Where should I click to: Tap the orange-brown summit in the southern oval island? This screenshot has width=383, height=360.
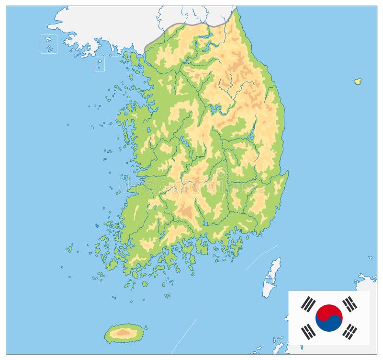[x=124, y=331]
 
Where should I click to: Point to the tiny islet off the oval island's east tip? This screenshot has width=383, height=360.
[x=146, y=328]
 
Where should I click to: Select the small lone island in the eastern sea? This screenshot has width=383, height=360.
[x=357, y=81]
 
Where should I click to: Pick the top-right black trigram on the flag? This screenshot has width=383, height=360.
[x=350, y=303]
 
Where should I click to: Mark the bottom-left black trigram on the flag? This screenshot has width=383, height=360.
[x=308, y=331]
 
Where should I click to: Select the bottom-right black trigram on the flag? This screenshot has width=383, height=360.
[x=350, y=331]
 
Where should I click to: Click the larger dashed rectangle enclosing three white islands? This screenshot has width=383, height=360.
[x=49, y=44]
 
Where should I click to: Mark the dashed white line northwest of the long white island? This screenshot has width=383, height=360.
[x=261, y=257]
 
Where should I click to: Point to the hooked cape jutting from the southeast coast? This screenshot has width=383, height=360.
[x=285, y=176]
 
